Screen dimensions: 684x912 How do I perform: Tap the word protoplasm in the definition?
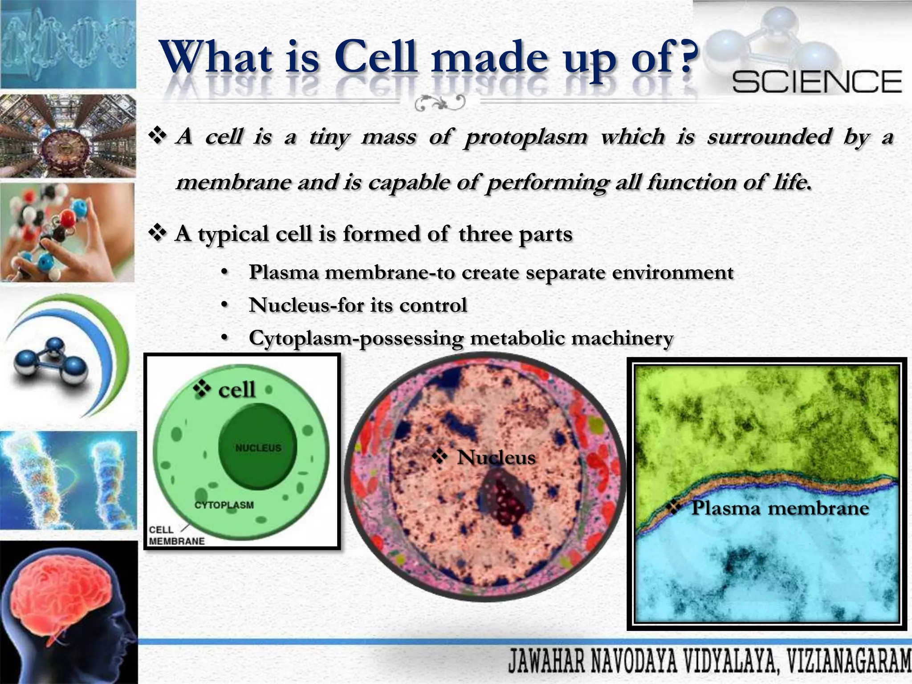point(525,137)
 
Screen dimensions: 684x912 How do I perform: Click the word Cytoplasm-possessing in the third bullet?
point(356,338)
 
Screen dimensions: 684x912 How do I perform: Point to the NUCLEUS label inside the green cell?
point(258,448)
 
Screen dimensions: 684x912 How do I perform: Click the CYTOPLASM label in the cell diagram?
point(224,505)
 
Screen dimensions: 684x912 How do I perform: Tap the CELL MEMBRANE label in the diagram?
point(176,535)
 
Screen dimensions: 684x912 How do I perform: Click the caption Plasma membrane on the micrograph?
point(779,508)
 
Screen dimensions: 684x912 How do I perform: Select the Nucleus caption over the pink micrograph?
point(496,457)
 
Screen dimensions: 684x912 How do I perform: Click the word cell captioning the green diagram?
point(236,390)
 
